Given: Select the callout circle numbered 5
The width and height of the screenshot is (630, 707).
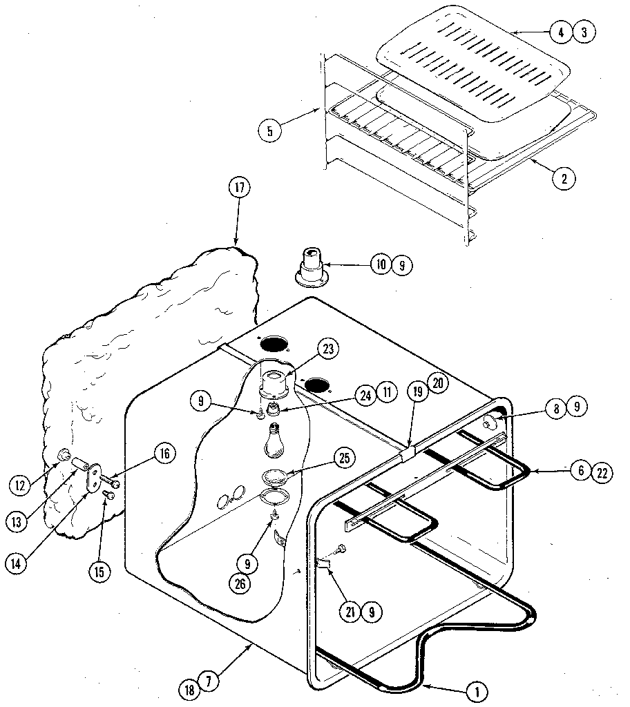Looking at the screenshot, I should pos(269,130).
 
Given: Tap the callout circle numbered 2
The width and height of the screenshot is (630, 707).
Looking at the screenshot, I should pos(564,177).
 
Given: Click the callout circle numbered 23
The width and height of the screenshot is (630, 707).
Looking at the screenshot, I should pos(327,349).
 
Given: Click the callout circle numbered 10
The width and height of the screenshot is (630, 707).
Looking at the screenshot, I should pos(381,264).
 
